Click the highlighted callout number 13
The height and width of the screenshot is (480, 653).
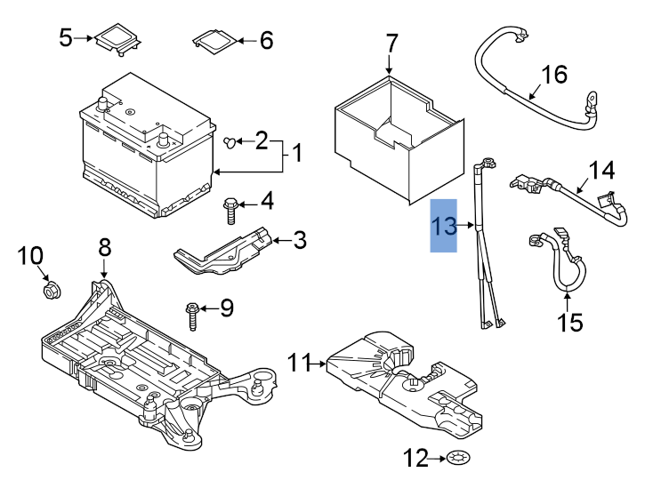point(444,226)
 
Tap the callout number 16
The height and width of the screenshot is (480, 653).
point(553,75)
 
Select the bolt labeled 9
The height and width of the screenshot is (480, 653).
point(192,312)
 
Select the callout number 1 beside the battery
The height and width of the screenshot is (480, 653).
point(297,154)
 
